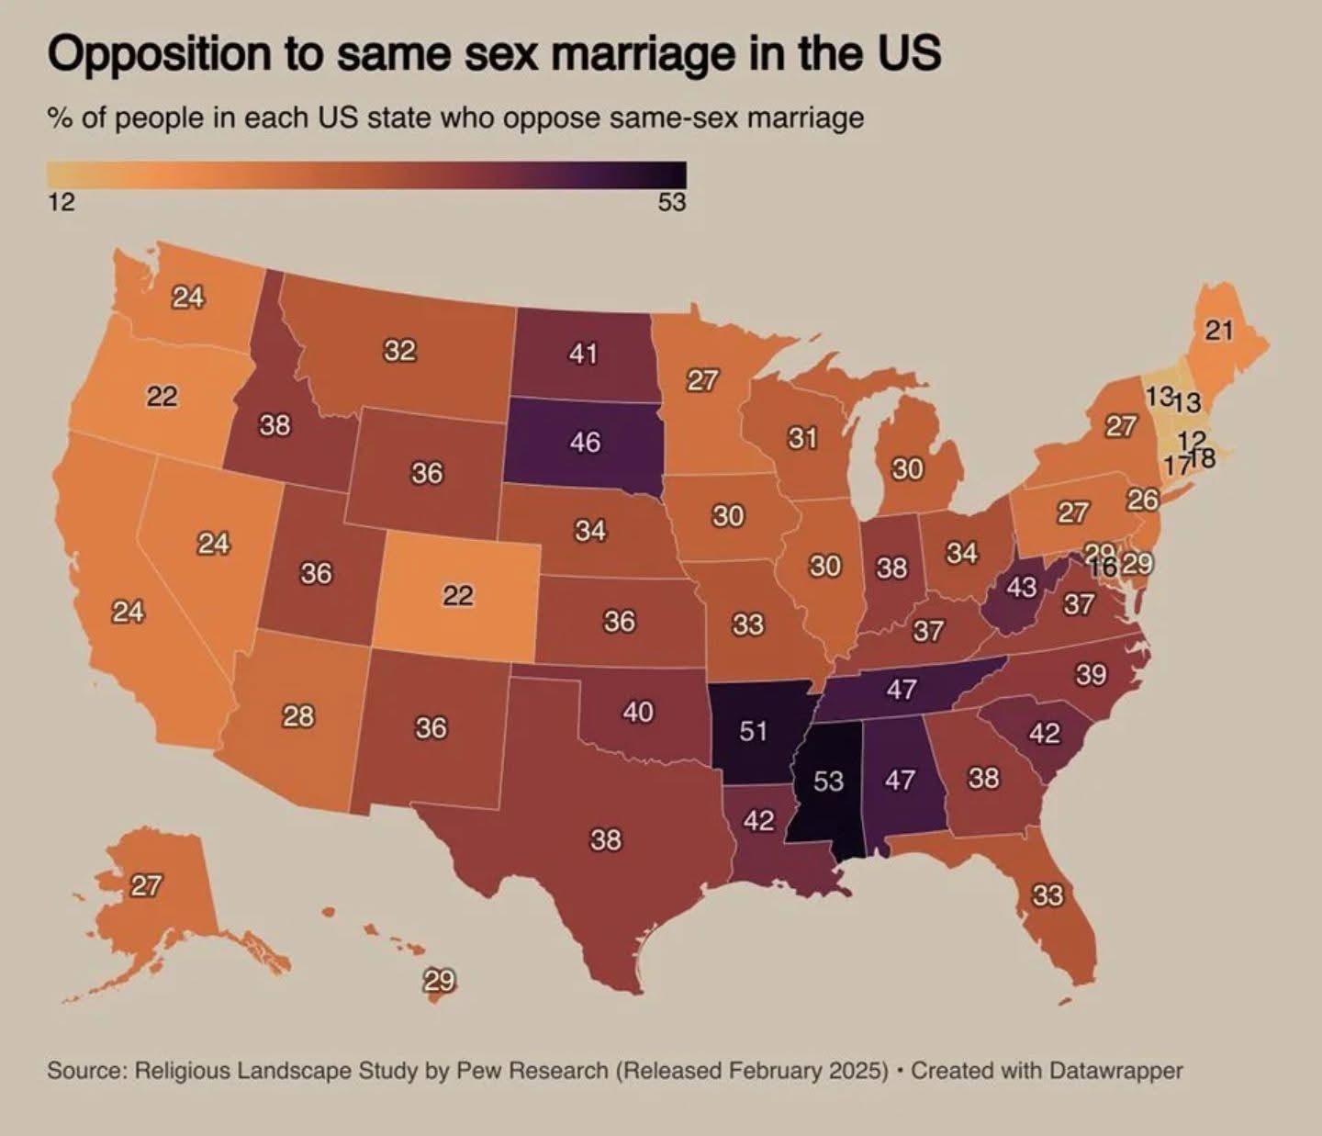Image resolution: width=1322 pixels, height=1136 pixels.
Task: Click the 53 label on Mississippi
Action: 828,781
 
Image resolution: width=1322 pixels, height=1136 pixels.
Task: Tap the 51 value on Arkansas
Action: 753,731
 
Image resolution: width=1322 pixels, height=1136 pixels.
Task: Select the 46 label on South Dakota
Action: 585,442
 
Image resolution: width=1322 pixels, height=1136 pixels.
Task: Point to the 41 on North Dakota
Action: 583,353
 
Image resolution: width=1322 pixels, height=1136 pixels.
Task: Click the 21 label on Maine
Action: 1218,330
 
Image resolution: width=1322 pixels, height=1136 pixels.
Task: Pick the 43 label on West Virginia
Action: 1021,586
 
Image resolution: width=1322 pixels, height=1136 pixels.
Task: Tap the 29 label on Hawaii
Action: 439,980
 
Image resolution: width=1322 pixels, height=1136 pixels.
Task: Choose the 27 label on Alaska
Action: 146,885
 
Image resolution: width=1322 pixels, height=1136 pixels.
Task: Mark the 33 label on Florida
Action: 1048,894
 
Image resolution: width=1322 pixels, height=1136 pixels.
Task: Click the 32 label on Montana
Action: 399,350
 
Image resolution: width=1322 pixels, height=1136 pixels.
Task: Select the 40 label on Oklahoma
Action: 638,711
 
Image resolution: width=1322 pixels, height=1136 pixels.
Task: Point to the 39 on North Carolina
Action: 1092,675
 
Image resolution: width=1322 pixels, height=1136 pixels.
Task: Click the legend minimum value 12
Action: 61,202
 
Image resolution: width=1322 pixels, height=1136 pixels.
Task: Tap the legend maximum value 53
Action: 671,202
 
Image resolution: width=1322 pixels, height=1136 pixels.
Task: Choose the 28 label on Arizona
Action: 298,715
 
